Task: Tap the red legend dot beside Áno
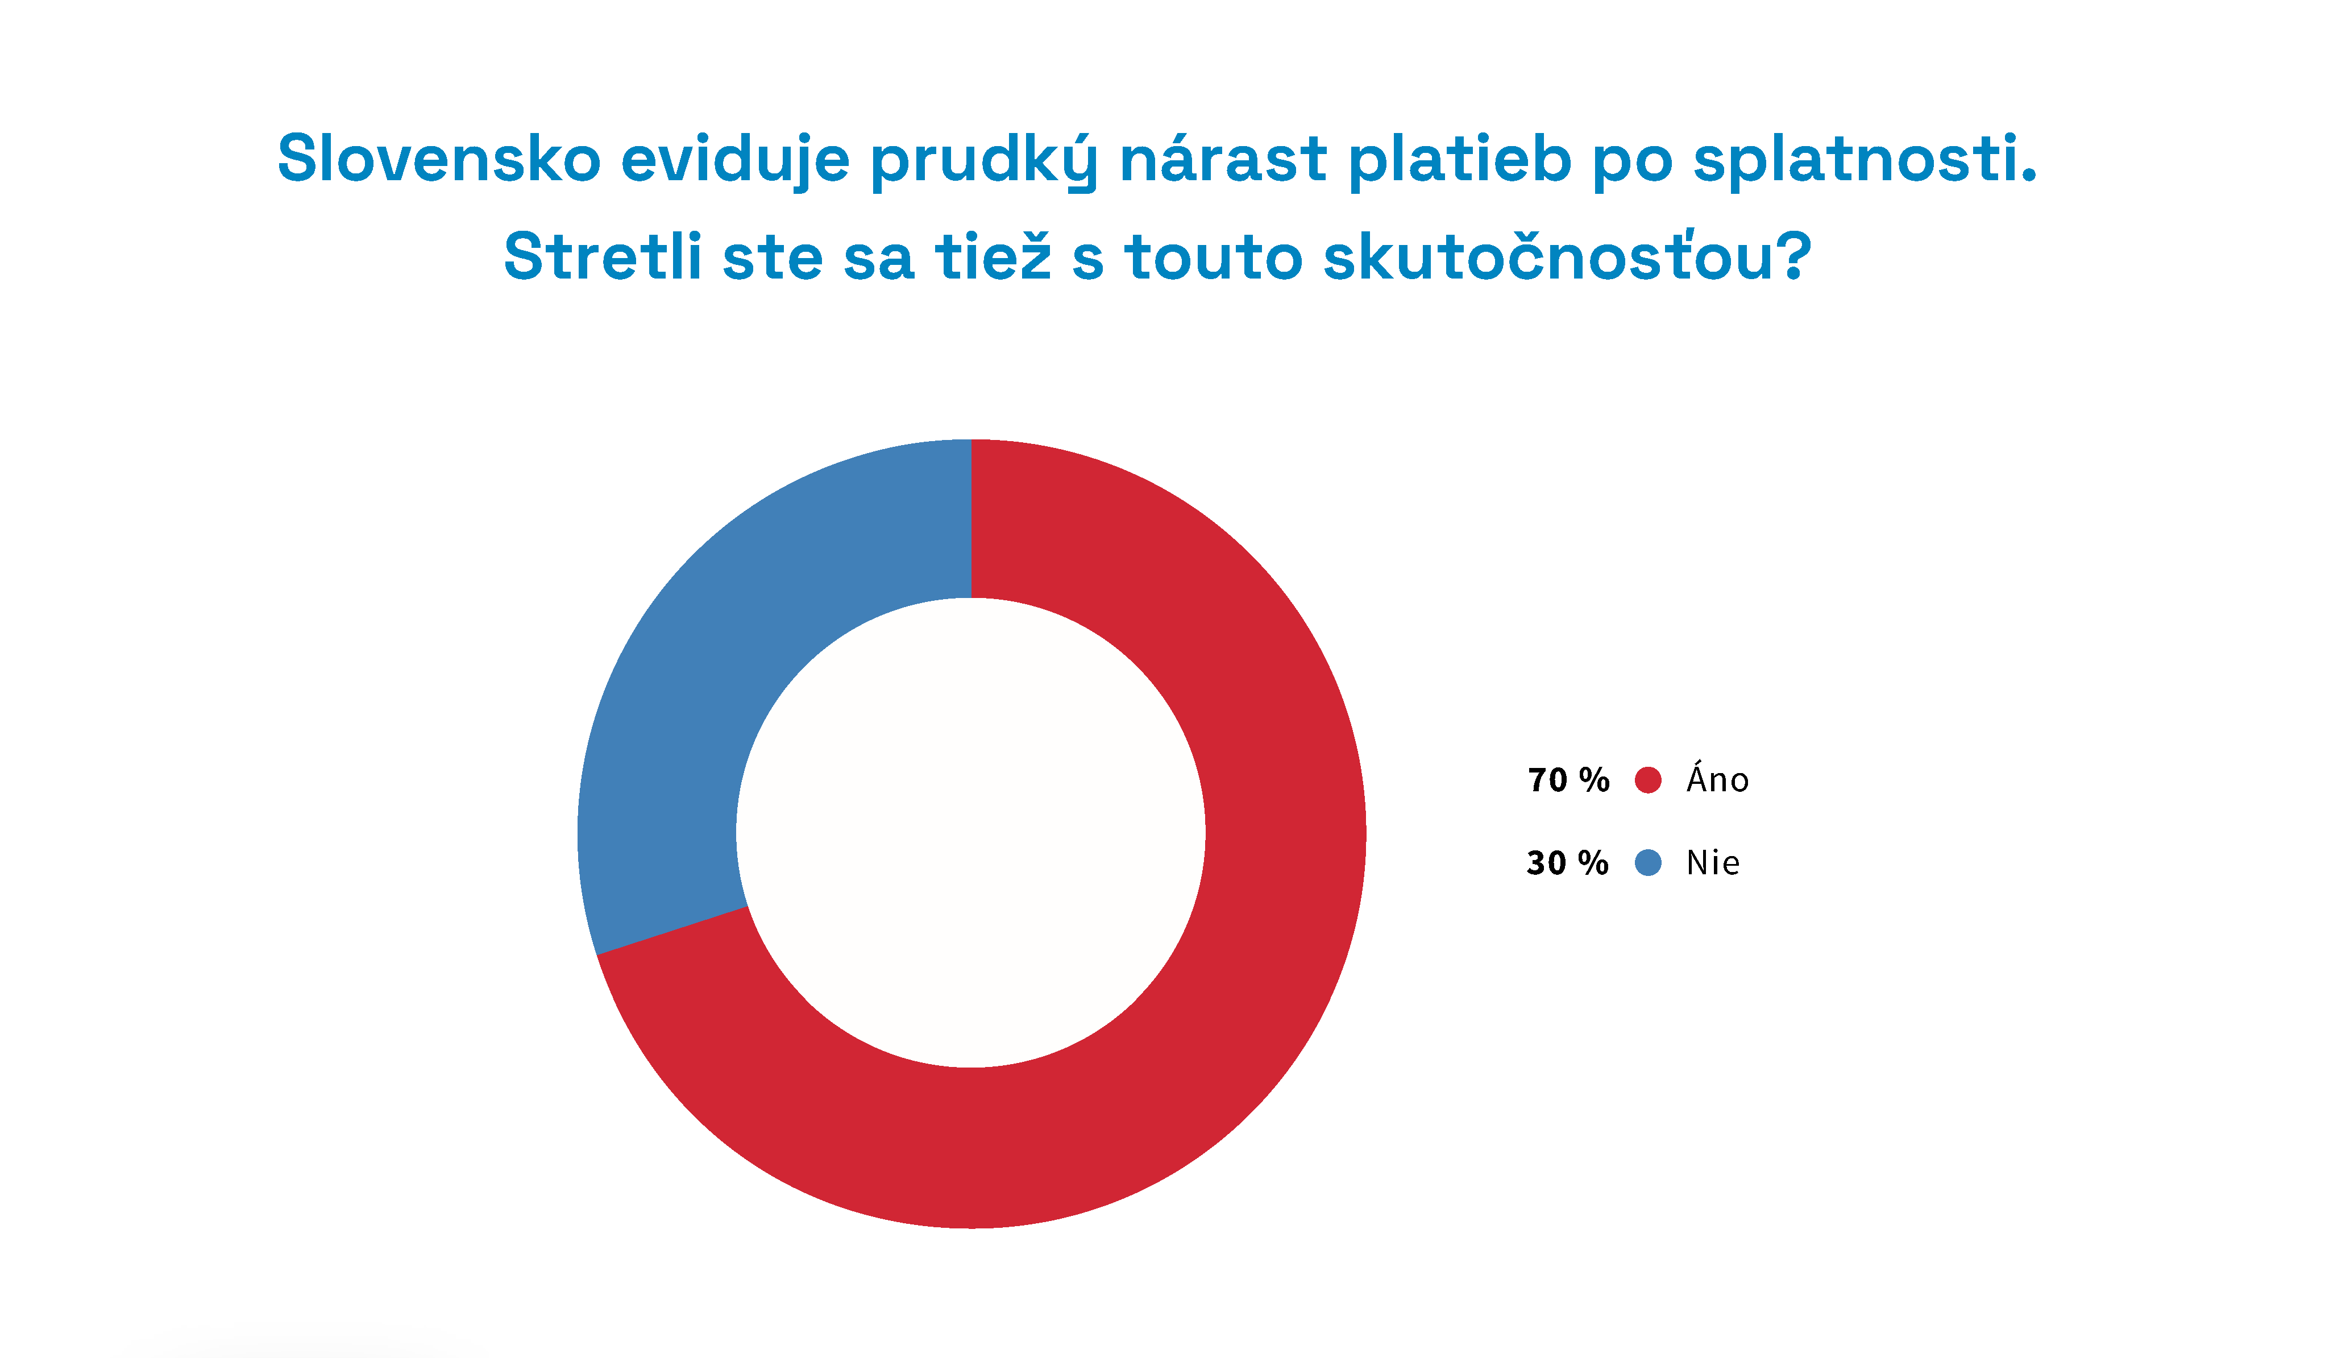1648,780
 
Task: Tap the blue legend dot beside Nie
1648,863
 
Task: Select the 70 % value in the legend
1568,780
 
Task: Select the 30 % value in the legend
1568,863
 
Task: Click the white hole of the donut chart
971,832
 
